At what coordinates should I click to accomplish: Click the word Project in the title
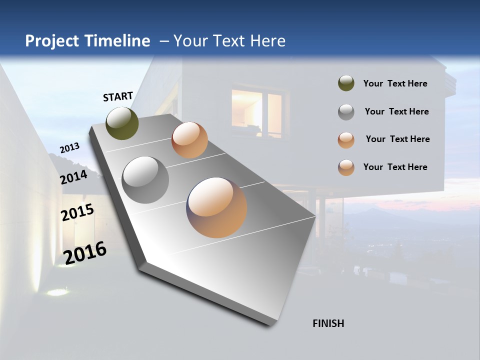(x=51, y=41)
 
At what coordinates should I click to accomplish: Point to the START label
(x=118, y=96)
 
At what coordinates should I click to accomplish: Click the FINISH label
(x=328, y=323)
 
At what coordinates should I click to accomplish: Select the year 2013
(x=69, y=148)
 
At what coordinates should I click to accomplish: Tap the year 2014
(x=73, y=177)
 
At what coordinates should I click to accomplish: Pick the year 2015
(x=77, y=212)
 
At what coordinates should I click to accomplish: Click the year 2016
(x=85, y=252)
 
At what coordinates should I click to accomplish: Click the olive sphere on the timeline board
(x=122, y=123)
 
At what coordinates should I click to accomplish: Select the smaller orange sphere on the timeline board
(x=189, y=140)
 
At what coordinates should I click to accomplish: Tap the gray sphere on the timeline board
(x=145, y=180)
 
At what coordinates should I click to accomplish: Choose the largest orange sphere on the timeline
(x=216, y=207)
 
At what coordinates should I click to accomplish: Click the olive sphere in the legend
(x=346, y=83)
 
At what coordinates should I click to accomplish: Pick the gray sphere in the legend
(x=346, y=112)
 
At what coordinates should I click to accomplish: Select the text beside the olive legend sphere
(x=395, y=83)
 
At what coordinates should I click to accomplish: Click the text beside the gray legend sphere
(x=396, y=111)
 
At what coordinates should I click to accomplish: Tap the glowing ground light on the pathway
(x=57, y=291)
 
